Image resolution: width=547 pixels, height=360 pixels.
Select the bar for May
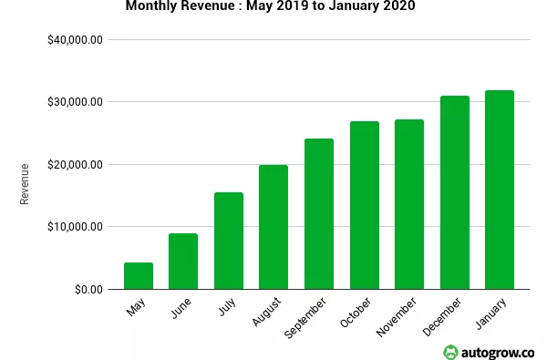pyautogui.click(x=138, y=276)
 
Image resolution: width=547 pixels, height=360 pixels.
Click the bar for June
pyautogui.click(x=183, y=262)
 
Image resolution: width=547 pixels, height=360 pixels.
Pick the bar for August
pyautogui.click(x=273, y=227)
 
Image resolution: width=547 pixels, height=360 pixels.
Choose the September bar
pyautogui.click(x=318, y=214)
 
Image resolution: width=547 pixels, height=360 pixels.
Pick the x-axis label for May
pyautogui.click(x=136, y=309)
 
